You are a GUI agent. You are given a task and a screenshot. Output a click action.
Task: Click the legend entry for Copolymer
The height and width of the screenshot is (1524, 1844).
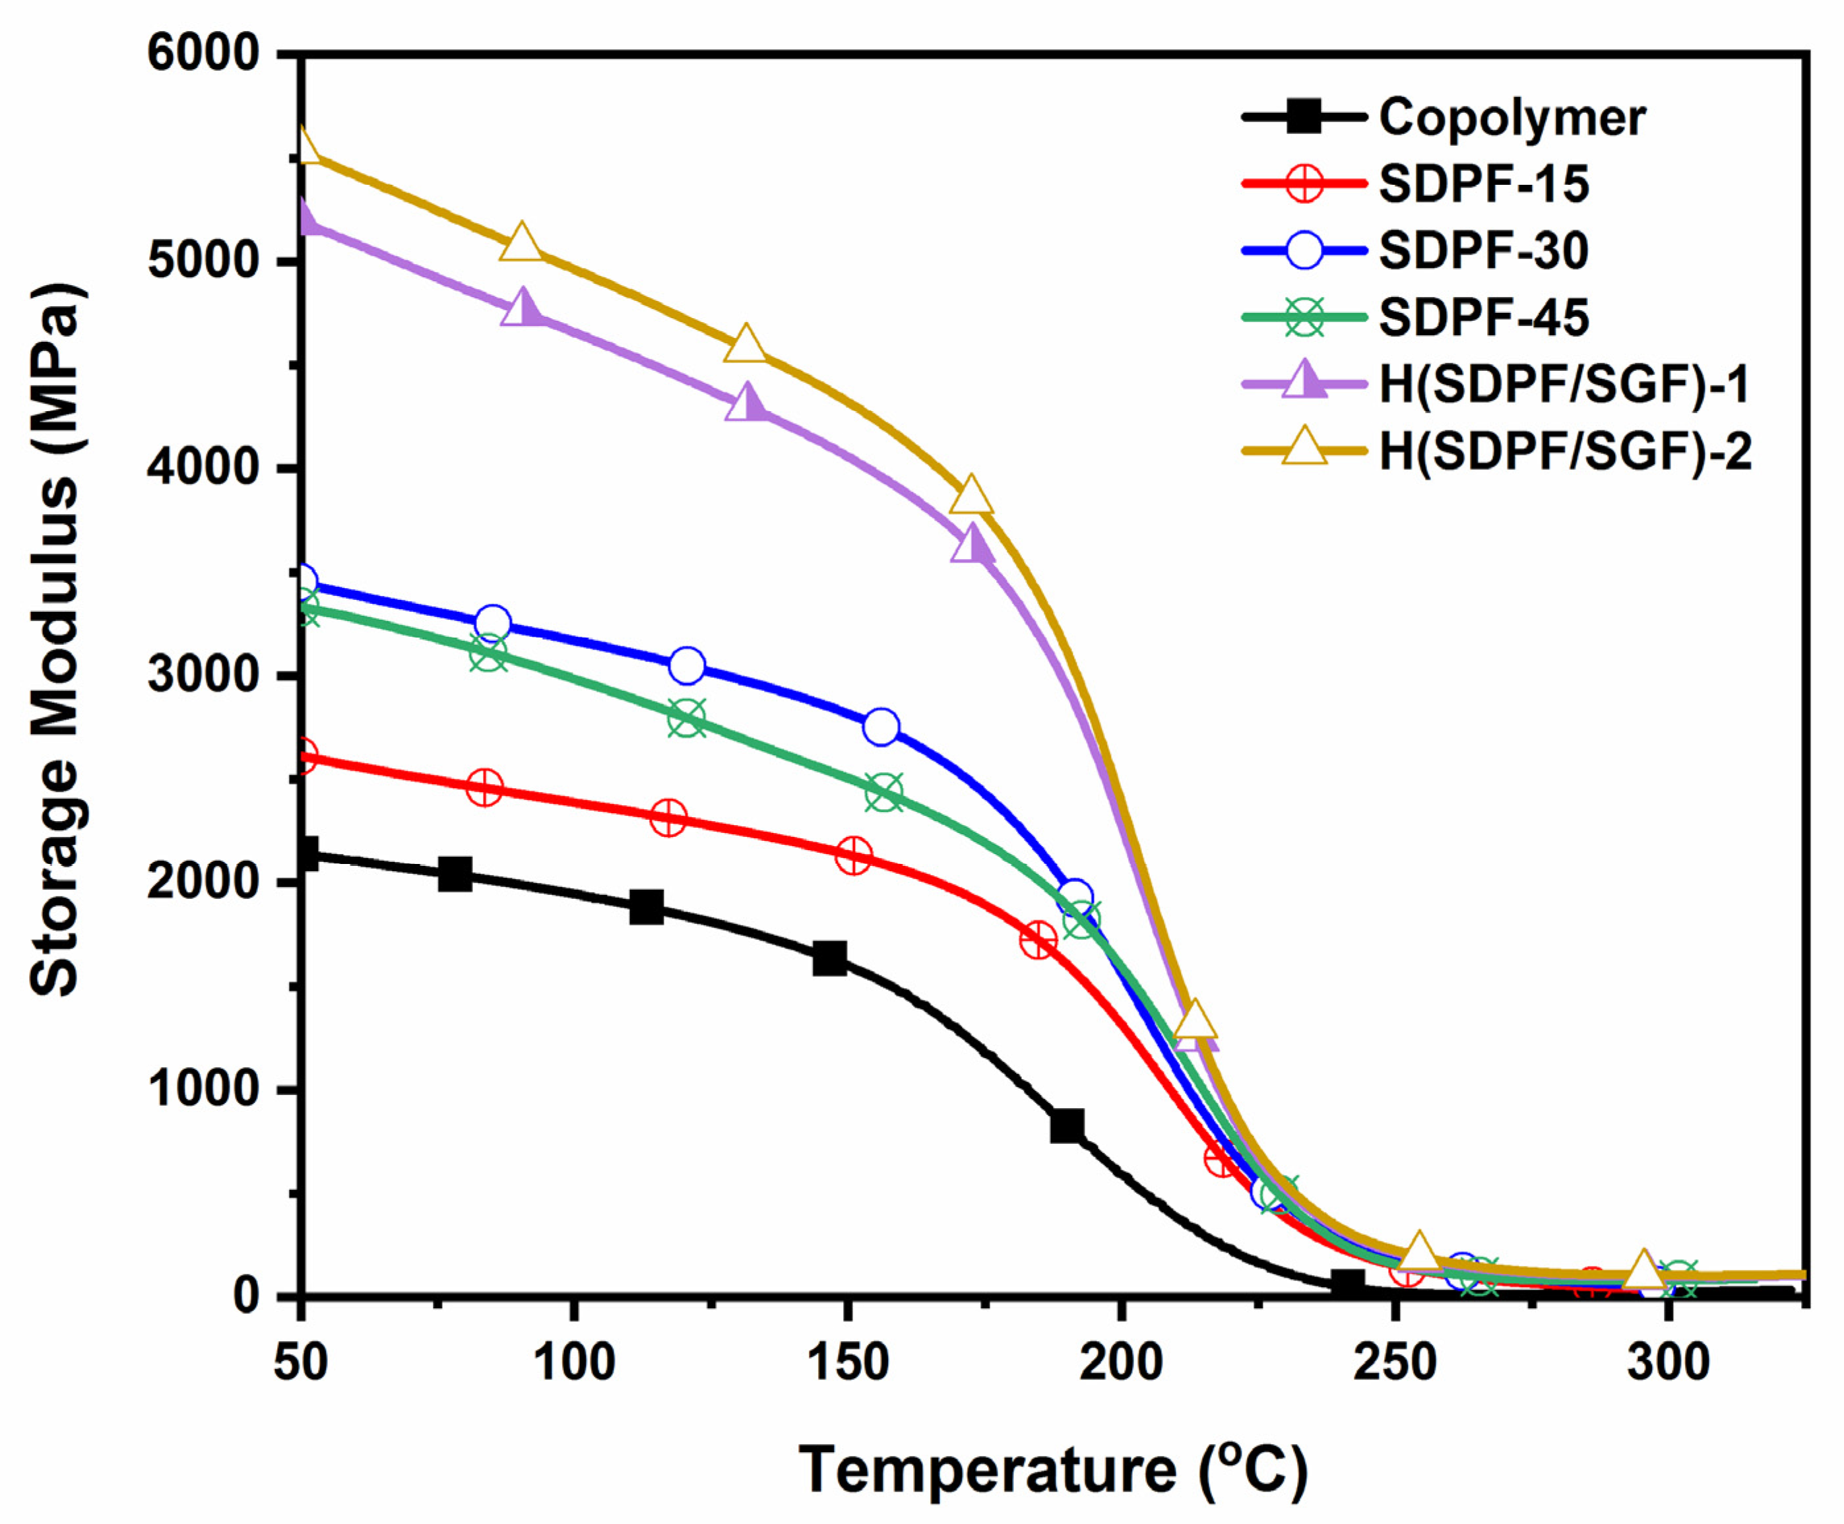(x=1511, y=117)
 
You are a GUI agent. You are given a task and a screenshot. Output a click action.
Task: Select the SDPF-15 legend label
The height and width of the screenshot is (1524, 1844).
(x=1483, y=184)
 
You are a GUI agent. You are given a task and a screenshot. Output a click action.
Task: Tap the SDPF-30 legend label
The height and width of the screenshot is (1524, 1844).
(x=1483, y=251)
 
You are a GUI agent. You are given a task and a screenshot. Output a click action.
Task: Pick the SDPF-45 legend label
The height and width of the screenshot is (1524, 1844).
(x=1483, y=317)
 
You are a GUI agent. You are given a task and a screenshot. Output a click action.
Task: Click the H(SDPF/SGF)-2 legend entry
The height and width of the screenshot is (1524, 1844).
(x=1565, y=452)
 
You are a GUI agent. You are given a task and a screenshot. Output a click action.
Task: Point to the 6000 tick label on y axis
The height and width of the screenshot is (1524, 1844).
(x=204, y=54)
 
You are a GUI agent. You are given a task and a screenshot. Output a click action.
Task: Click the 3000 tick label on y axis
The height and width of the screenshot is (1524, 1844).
(x=204, y=676)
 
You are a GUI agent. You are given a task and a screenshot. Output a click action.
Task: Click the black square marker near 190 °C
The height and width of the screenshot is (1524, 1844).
(x=1066, y=1125)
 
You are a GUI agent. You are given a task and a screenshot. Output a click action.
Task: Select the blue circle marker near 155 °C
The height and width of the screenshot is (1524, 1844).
(x=881, y=727)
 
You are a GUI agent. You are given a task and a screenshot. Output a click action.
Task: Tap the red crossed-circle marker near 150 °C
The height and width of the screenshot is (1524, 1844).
(x=853, y=855)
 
